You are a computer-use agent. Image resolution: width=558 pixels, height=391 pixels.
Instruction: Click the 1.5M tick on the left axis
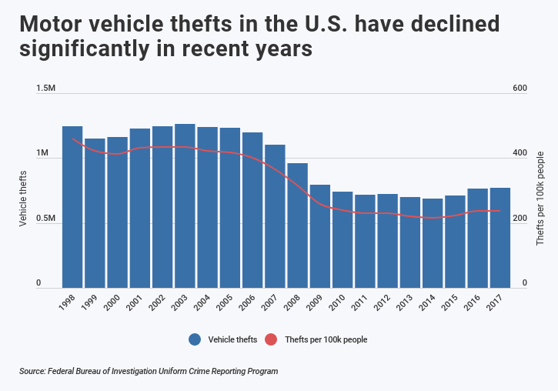tap(46, 89)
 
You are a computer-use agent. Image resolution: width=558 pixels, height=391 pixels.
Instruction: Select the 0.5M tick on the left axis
tap(46, 219)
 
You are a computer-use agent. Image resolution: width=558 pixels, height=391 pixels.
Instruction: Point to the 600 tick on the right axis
tap(520, 89)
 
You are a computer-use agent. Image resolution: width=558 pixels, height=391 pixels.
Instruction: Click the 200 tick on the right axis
tap(520, 219)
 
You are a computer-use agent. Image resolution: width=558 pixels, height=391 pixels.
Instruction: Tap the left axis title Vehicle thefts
tap(23, 199)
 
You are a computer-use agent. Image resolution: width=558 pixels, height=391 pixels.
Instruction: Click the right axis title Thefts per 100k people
tap(540, 199)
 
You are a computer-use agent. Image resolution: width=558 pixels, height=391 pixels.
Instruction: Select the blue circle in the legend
tap(195, 339)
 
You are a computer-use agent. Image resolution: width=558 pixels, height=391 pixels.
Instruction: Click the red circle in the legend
tap(270, 339)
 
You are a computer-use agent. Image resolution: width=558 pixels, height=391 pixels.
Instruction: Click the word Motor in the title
tap(53, 24)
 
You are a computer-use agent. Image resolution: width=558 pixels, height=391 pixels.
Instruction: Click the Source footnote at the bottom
tap(149, 371)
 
